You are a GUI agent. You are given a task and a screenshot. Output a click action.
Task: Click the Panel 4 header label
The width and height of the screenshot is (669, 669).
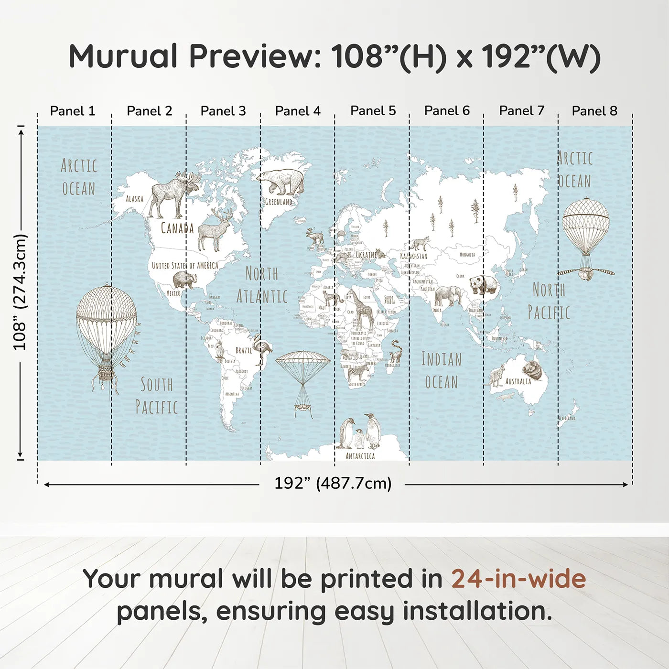[x=298, y=111]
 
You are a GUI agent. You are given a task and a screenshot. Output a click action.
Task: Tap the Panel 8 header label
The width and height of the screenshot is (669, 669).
[x=594, y=111]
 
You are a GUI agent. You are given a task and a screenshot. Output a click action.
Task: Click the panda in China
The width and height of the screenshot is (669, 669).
[x=483, y=285]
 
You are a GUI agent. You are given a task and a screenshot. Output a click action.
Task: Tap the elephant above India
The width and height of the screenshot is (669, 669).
[x=447, y=296]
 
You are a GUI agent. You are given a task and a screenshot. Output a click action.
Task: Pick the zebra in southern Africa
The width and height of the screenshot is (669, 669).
[x=358, y=372]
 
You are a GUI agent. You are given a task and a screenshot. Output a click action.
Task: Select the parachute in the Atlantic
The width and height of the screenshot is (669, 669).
[x=303, y=378]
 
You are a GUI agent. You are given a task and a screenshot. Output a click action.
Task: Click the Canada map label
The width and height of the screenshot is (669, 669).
[x=177, y=228]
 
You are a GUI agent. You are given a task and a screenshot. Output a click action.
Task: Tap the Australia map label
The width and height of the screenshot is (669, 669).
[x=518, y=381]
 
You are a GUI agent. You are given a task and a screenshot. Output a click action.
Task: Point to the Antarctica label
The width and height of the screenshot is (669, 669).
[x=360, y=456]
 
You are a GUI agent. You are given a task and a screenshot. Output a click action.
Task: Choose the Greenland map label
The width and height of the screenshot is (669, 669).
[x=279, y=202]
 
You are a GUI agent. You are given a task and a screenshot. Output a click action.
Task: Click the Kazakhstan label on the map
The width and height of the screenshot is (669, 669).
[x=414, y=256]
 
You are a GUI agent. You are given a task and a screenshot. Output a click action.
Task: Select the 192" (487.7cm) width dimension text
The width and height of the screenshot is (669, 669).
[x=333, y=483]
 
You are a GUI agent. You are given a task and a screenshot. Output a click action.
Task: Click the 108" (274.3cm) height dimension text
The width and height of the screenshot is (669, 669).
[x=20, y=291]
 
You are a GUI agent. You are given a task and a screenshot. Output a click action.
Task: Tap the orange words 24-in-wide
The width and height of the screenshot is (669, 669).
[x=518, y=579]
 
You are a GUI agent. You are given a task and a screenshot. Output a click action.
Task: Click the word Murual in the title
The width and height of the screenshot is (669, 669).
[x=123, y=56]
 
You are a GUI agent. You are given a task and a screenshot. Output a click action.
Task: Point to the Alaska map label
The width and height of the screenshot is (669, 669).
[x=134, y=198]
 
